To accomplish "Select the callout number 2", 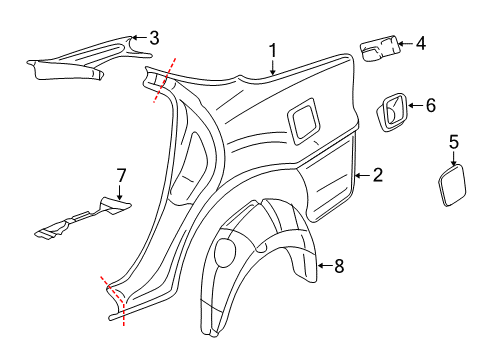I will click(377, 176).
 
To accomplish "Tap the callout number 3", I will click(153, 38).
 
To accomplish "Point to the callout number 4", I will click(420, 43).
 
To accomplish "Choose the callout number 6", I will click(430, 104).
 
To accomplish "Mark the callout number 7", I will click(120, 176).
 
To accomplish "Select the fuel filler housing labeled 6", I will click(393, 111).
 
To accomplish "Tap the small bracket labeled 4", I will click(380, 47).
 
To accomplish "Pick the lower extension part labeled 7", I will click(80, 222).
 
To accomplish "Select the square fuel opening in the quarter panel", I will click(305, 119).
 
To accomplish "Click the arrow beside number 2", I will click(360, 176).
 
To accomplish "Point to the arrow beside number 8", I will click(322, 265).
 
